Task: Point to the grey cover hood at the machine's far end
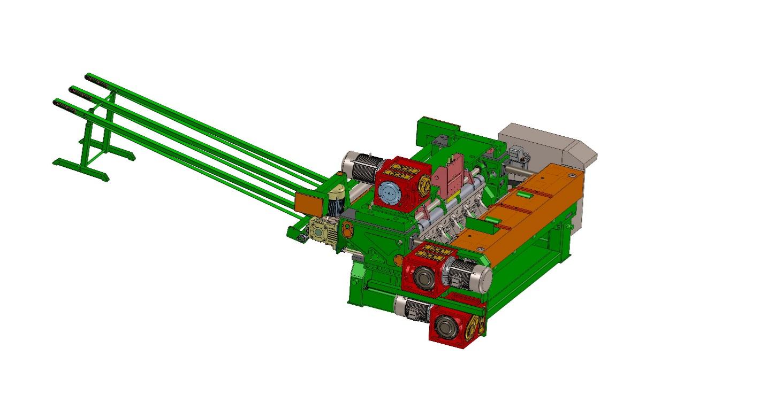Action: (x=551, y=144)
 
